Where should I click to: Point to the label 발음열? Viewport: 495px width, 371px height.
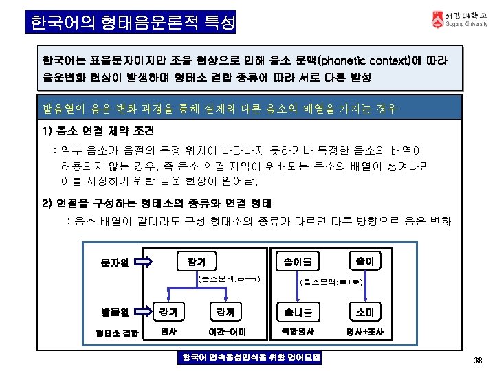coord(115,313)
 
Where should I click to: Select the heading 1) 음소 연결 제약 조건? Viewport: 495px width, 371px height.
coord(98,130)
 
